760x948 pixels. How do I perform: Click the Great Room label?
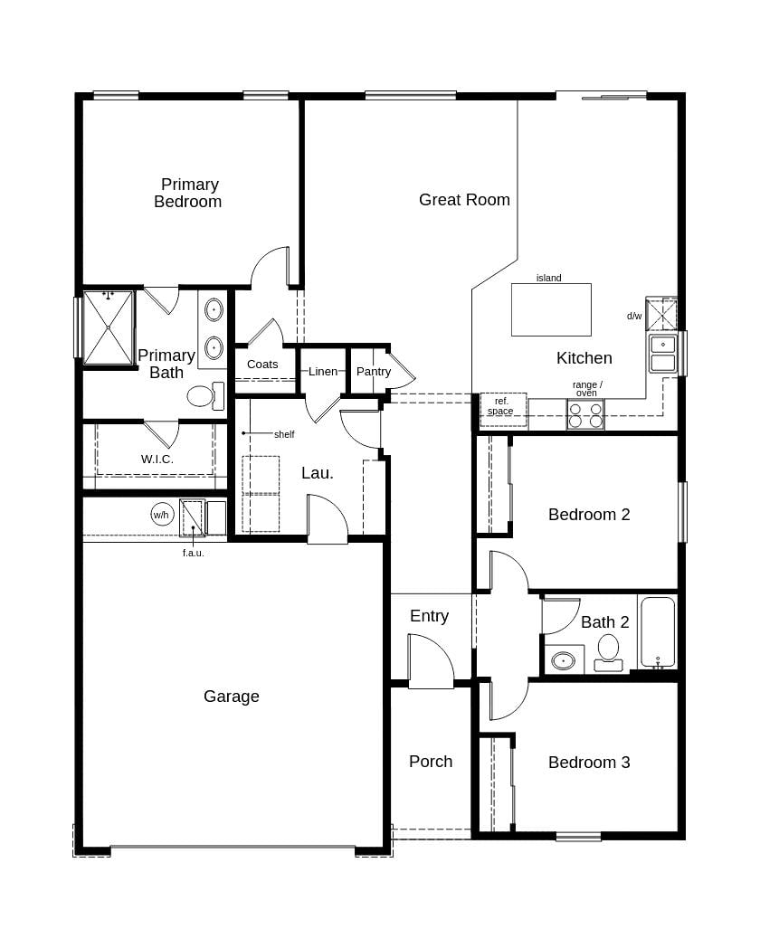(464, 200)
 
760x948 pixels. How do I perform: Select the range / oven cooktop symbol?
(584, 414)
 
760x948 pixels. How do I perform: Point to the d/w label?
(634, 317)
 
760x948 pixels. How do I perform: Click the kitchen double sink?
(663, 353)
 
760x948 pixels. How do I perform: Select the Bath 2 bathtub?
(658, 631)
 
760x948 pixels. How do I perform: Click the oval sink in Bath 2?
(563, 660)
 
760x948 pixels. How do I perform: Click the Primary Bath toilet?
(204, 395)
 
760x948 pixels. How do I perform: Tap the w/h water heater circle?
(161, 516)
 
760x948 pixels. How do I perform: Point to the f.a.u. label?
(193, 553)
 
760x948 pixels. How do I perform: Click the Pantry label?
(374, 372)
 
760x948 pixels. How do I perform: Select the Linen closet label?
(323, 372)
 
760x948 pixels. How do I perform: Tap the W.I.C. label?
(157, 460)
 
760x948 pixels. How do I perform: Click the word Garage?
(232, 697)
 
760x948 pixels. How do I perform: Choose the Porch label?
(431, 762)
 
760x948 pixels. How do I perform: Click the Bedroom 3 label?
(589, 763)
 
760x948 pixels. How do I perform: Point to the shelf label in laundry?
(284, 434)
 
